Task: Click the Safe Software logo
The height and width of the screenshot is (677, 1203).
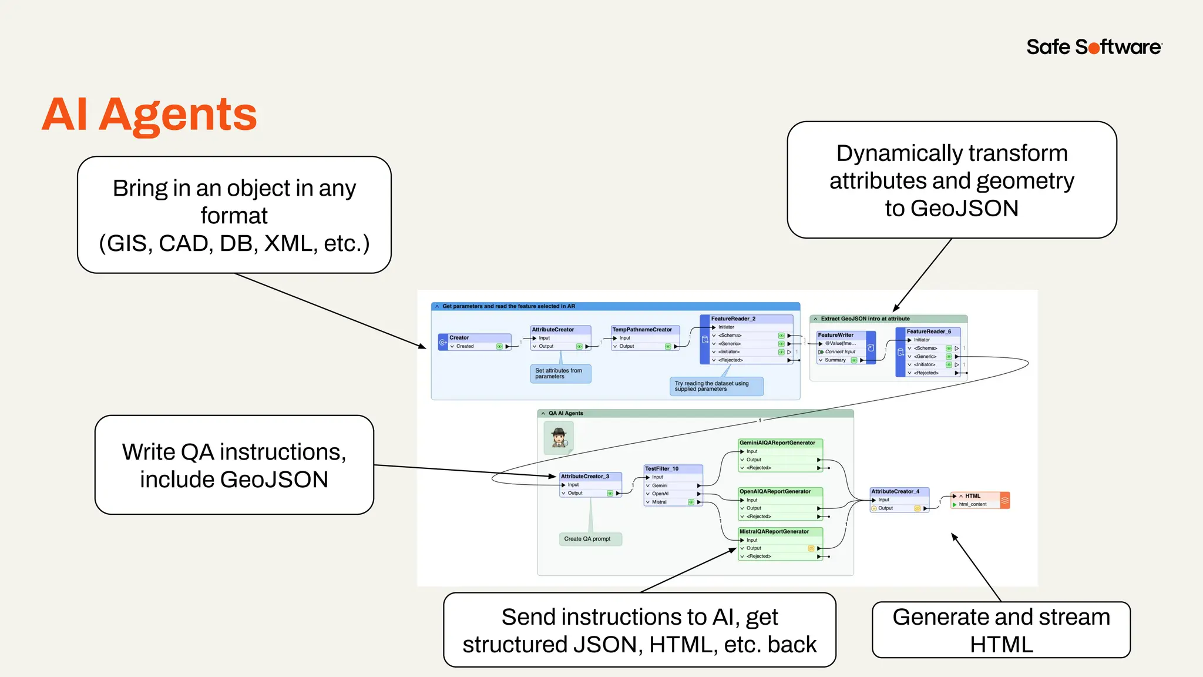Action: [1094, 47]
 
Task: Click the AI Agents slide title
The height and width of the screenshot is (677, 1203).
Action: [149, 114]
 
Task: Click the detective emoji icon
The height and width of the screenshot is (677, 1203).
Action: [559, 438]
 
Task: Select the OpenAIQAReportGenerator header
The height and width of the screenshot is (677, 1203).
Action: [779, 492]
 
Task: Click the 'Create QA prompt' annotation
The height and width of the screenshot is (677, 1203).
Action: [588, 539]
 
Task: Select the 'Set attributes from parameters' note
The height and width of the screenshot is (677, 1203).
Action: [559, 374]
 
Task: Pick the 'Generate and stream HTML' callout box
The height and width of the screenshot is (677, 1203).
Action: [1001, 631]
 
